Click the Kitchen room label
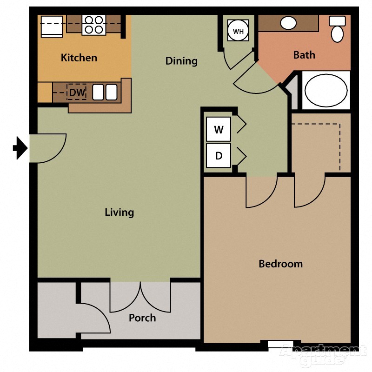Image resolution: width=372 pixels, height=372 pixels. pyautogui.click(x=79, y=58)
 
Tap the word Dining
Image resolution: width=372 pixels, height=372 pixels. pyautogui.click(x=181, y=61)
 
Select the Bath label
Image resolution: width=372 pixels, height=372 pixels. pyautogui.click(x=304, y=55)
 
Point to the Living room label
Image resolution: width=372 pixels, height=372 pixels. pyautogui.click(x=119, y=213)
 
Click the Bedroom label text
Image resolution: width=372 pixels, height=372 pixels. pyautogui.click(x=280, y=264)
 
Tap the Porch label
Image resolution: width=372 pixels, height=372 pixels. pyautogui.click(x=142, y=318)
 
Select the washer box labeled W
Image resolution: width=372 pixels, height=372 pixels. pyautogui.click(x=219, y=130)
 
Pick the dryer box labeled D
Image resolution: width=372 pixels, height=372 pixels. pyautogui.click(x=219, y=156)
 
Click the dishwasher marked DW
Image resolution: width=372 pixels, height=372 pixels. pyautogui.click(x=77, y=92)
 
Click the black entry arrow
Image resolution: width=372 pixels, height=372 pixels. pyautogui.click(x=20, y=148)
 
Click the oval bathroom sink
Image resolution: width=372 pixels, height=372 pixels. pyautogui.click(x=289, y=22)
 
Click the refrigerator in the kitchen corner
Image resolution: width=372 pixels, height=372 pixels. pyautogui.click(x=52, y=26)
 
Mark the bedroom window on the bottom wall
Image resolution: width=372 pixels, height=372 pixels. pyautogui.click(x=280, y=345)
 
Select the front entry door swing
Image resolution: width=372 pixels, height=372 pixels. pyautogui.click(x=46, y=148)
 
